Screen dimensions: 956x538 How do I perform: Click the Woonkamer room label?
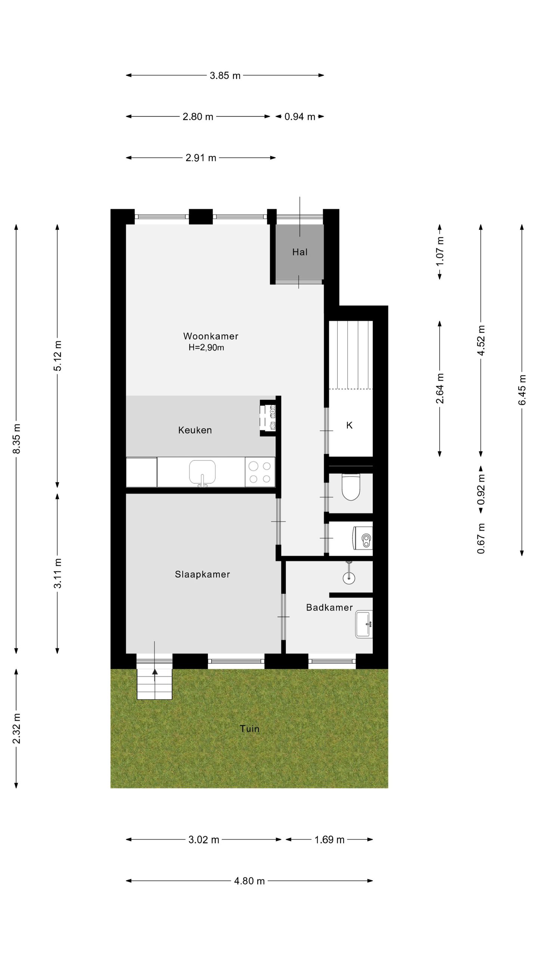pos(210,336)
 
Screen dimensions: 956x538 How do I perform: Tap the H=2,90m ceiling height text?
pos(206,348)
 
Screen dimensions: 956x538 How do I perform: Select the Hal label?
pos(300,252)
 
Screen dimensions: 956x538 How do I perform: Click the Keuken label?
pos(195,430)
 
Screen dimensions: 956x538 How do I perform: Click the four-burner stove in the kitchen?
pos(260,472)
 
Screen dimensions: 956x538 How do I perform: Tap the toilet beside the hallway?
pos(350,487)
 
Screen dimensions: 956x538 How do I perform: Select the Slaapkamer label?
pos(202,574)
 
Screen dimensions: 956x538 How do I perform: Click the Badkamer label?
pos(329,608)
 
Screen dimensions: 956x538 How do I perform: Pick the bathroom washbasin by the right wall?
pos(364,624)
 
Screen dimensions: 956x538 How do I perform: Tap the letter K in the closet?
pos(349,425)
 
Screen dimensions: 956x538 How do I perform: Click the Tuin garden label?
pos(249,729)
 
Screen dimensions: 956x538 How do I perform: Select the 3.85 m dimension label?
pos(225,75)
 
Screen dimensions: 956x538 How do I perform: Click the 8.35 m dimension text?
pos(16,438)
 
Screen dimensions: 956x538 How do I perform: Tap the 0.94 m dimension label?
pos(300,117)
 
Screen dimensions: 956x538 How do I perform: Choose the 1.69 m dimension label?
pos(329,840)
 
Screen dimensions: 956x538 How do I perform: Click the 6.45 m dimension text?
pos(522,389)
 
